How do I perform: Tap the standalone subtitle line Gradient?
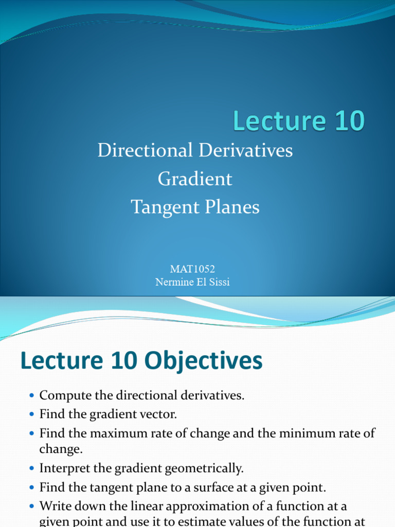[195, 179]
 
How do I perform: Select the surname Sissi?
[218, 282]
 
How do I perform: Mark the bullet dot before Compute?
[32, 396]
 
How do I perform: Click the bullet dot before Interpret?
[32, 469]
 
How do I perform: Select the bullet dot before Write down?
[32, 506]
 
